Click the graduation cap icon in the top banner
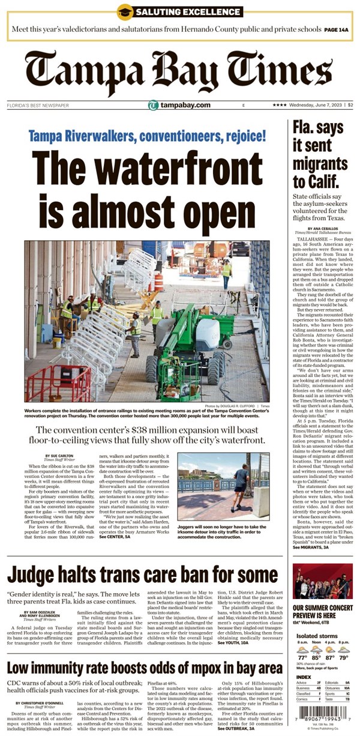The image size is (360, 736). (x=125, y=11)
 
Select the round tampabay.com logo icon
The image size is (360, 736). (x=154, y=106)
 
